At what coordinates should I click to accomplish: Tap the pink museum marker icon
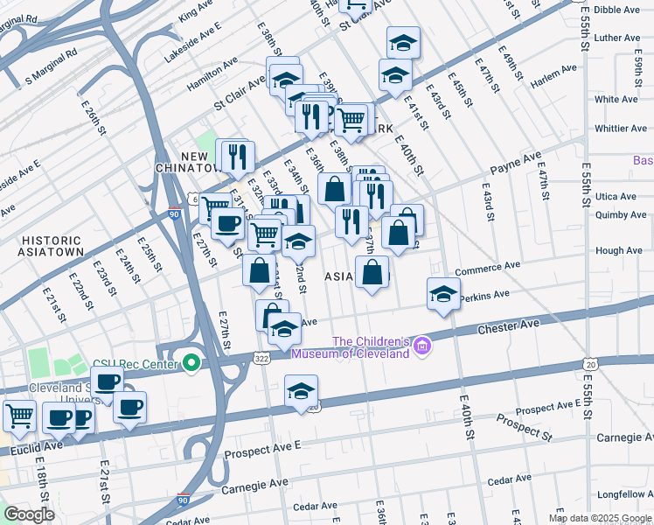pos(423,347)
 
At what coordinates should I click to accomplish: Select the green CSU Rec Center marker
pos(191,362)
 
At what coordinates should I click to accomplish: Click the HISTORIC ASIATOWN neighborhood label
pos(52,246)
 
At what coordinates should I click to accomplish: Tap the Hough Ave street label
pos(618,250)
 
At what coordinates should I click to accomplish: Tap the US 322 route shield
pos(261,358)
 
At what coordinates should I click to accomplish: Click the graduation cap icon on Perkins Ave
pos(443,295)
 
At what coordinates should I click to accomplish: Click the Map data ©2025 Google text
pos(599,518)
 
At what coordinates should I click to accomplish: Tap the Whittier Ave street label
pos(620,129)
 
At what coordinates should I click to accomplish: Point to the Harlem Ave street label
pos(553,76)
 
